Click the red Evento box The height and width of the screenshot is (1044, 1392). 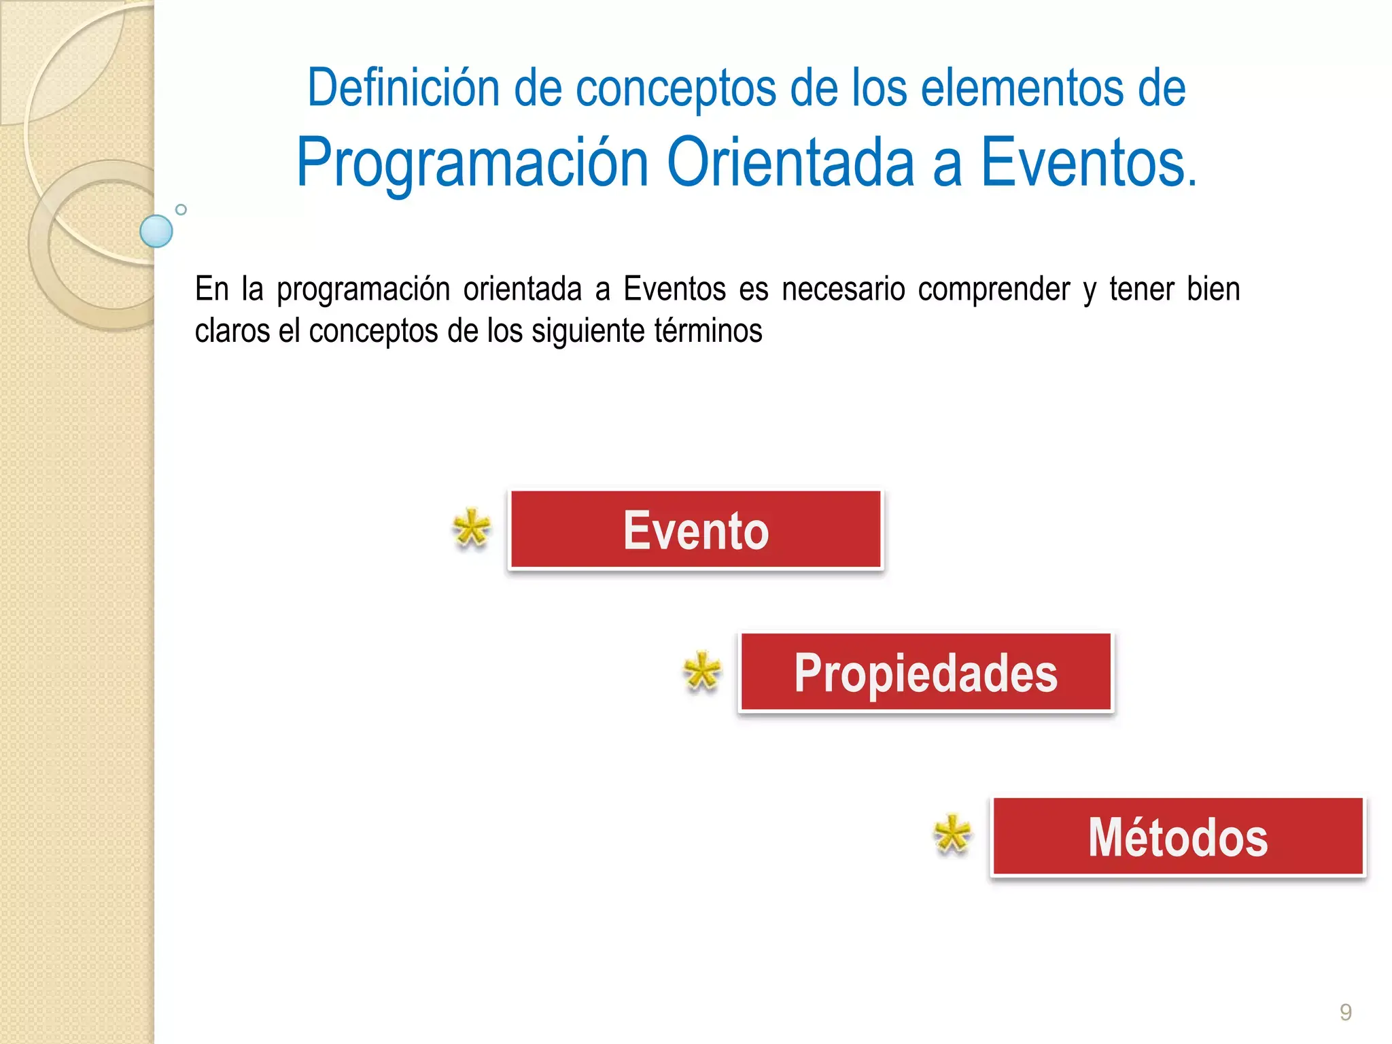click(696, 529)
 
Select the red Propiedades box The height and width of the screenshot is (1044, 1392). click(926, 672)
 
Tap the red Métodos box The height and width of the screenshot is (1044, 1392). click(1178, 837)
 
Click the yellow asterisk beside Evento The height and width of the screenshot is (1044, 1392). click(471, 528)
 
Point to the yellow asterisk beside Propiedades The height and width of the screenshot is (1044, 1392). click(701, 671)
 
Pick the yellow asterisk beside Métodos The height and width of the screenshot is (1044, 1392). click(952, 834)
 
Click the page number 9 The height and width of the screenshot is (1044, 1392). click(1345, 1012)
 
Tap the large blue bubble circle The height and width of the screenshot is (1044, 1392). click(156, 231)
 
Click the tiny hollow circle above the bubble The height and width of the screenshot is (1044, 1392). click(181, 209)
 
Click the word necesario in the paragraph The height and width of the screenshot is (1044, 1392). click(843, 289)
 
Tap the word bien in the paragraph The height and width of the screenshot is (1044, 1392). click(1213, 289)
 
